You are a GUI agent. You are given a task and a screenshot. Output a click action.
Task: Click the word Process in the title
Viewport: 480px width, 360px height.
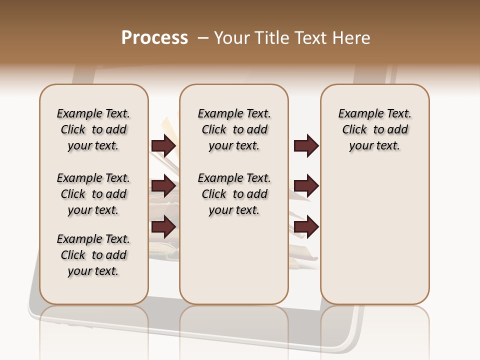pyautogui.click(x=154, y=38)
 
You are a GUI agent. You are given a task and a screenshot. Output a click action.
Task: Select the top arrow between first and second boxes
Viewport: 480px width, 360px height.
pyautogui.click(x=163, y=146)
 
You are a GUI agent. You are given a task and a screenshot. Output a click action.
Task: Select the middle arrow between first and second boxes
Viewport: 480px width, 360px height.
pyautogui.click(x=163, y=186)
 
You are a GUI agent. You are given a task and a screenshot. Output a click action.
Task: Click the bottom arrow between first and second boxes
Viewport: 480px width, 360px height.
pyautogui.click(x=163, y=227)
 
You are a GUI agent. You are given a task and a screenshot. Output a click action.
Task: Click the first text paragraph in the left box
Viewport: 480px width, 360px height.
pyautogui.click(x=93, y=129)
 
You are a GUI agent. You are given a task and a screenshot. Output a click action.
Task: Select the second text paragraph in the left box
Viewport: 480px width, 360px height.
pyautogui.click(x=93, y=194)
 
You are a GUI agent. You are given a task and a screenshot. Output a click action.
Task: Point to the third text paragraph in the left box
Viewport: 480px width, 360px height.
pyautogui.click(x=93, y=255)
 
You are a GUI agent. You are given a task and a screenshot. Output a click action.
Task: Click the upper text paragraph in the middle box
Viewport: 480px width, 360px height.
pyautogui.click(x=234, y=129)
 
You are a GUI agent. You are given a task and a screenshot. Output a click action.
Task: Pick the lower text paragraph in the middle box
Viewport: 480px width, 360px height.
pyautogui.click(x=234, y=194)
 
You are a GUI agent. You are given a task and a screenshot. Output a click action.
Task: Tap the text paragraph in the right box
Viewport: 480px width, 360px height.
pyautogui.click(x=374, y=129)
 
